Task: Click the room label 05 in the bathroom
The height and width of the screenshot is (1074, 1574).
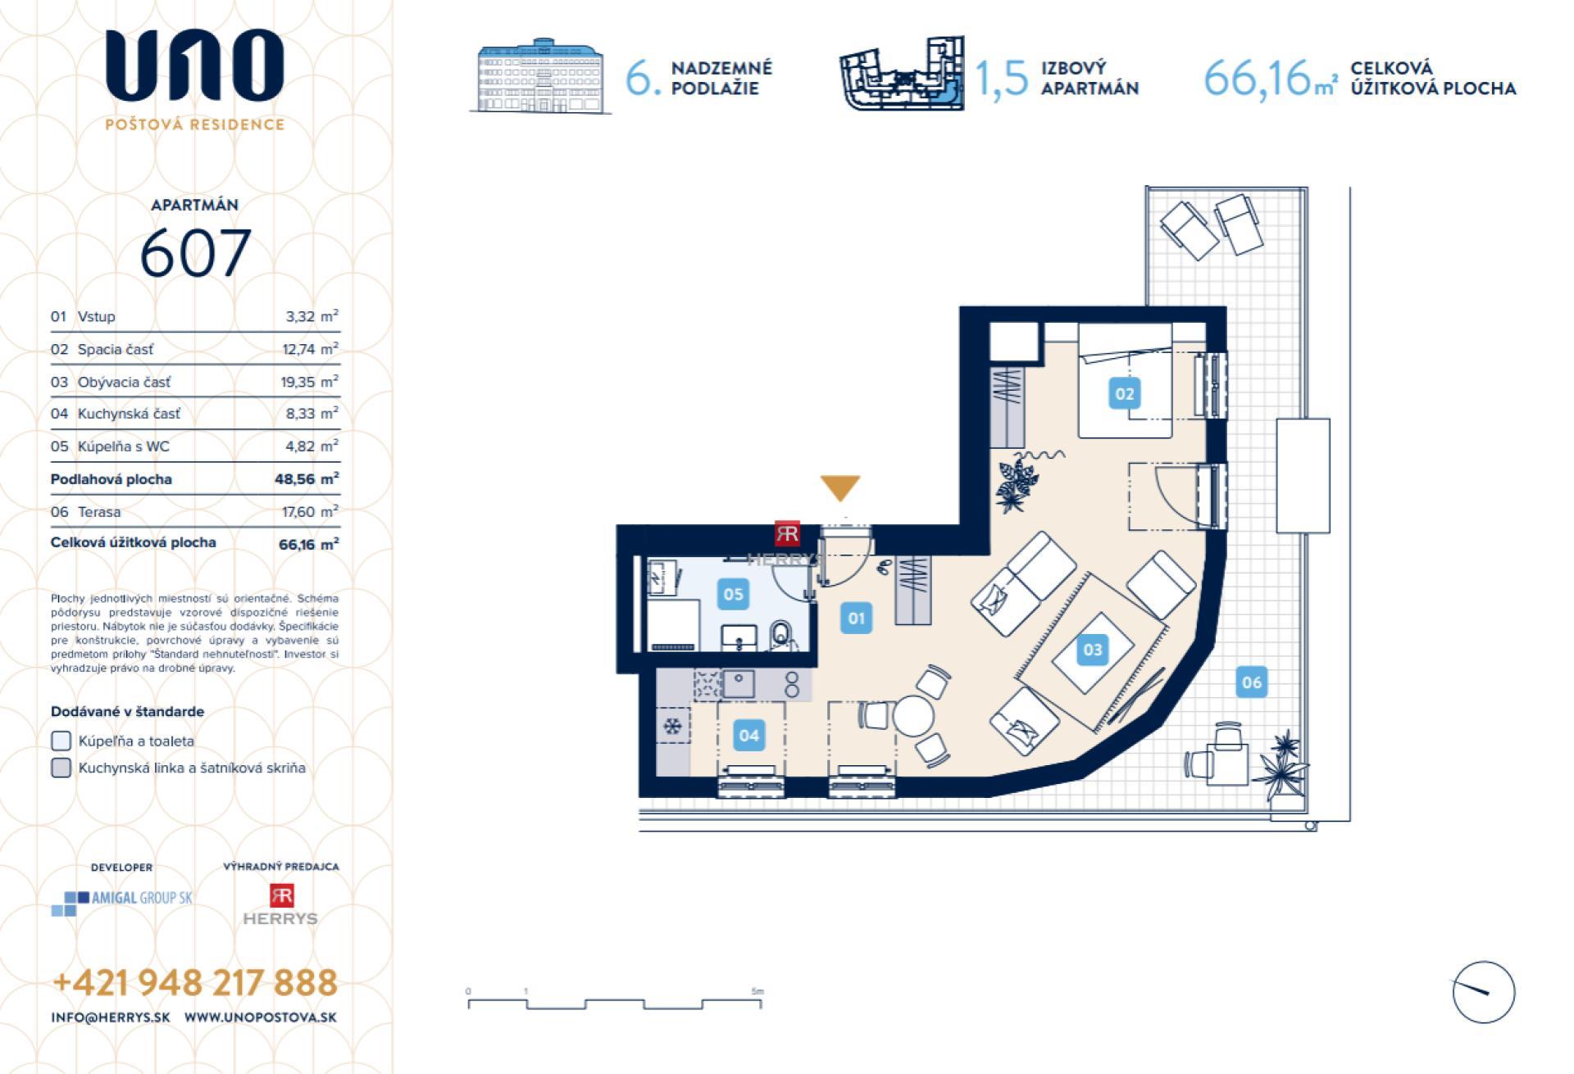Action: click(x=733, y=594)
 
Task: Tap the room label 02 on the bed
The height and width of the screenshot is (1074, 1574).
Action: click(x=1124, y=394)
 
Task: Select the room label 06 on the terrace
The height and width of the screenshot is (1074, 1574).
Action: click(x=1251, y=682)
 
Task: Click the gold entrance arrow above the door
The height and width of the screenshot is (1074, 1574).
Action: click(x=840, y=487)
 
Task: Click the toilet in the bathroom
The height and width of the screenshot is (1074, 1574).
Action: click(x=781, y=635)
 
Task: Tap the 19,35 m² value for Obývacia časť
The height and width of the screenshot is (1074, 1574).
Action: click(x=310, y=382)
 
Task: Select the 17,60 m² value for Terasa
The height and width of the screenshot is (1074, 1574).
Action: click(x=310, y=512)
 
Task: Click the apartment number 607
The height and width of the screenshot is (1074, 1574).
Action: click(x=195, y=253)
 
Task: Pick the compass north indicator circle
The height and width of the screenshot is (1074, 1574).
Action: click(x=1483, y=991)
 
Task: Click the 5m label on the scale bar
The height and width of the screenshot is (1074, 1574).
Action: click(x=757, y=990)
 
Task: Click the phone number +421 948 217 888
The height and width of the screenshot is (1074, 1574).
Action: click(x=195, y=982)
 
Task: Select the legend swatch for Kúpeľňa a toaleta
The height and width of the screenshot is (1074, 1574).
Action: click(x=61, y=741)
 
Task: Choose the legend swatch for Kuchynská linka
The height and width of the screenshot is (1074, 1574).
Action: click(x=61, y=768)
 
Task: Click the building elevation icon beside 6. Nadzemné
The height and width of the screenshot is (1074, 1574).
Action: click(x=540, y=76)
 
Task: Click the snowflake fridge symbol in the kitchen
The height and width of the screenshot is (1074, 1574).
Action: click(x=672, y=726)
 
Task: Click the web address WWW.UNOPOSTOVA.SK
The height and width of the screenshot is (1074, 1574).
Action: click(x=260, y=1017)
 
